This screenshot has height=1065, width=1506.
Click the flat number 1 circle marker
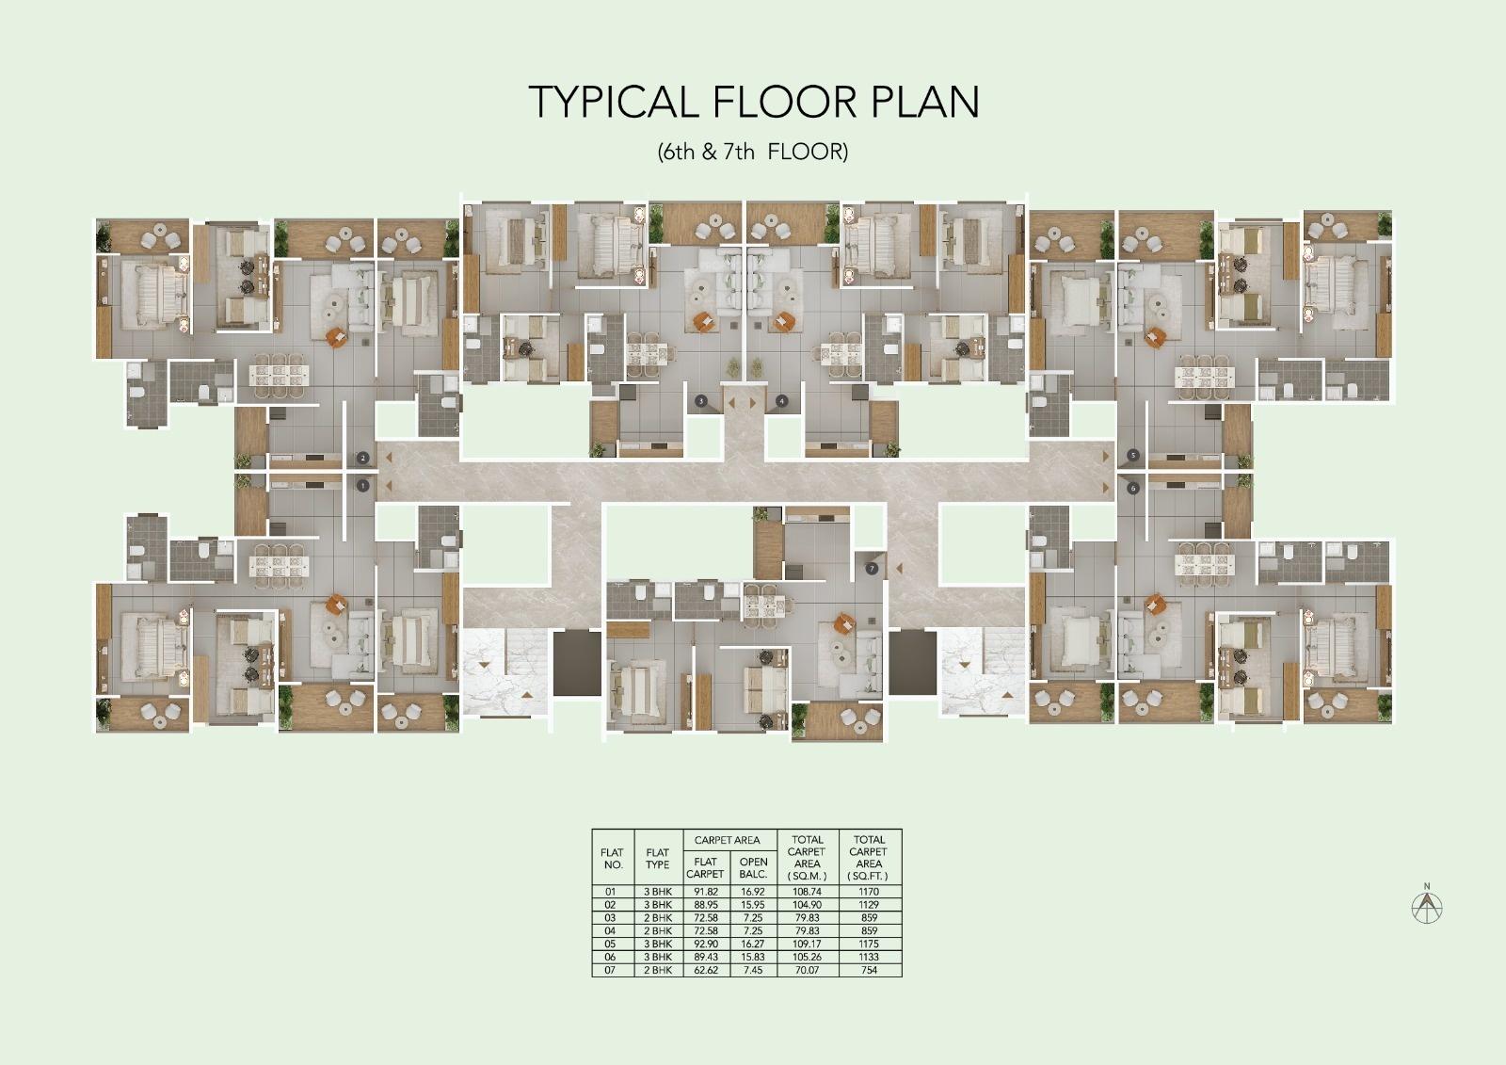click(363, 486)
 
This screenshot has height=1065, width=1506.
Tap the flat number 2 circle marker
click(363, 459)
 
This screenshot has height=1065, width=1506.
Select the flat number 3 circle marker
click(701, 400)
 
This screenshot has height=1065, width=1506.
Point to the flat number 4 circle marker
click(781, 400)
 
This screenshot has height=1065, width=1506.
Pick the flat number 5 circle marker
click(1133, 456)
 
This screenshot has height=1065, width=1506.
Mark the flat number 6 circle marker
click(1133, 488)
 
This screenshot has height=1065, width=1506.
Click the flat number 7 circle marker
click(873, 569)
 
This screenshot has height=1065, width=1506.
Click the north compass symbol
click(1427, 906)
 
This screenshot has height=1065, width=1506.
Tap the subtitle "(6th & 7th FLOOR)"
click(753, 152)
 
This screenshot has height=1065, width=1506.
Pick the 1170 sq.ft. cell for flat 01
click(869, 891)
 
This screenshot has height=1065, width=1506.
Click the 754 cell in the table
click(869, 970)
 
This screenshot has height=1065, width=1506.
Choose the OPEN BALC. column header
click(753, 867)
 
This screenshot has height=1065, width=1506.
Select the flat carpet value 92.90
click(705, 944)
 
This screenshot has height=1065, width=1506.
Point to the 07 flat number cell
click(611, 970)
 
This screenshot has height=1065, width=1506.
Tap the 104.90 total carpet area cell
click(807, 904)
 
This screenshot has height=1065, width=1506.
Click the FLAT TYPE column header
click(657, 859)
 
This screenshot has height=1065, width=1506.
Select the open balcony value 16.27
click(753, 944)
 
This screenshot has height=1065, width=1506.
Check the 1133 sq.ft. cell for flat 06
click(869, 957)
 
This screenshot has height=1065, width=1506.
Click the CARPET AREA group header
click(727, 840)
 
